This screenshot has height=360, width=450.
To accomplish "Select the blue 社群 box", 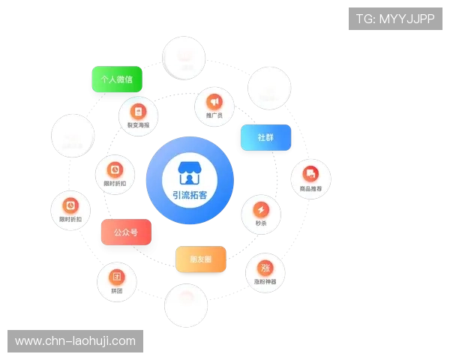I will tap(265, 139).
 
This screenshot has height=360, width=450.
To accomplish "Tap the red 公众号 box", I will tap(125, 233).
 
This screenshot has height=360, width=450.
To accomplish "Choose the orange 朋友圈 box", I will tap(199, 259).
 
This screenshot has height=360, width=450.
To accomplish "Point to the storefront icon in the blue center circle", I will tap(190, 172).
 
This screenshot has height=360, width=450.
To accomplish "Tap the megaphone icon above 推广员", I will tap(214, 101).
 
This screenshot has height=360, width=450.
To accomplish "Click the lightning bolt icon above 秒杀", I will tap(260, 208).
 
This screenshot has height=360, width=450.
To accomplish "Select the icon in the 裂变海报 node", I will tap(137, 110).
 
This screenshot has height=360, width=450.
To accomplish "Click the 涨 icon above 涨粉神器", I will tap(265, 268).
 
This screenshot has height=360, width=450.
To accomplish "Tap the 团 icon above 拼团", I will tap(116, 276).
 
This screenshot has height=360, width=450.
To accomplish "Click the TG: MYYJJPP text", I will tap(395, 19).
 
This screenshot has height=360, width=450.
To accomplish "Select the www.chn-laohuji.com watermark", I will tap(75, 341).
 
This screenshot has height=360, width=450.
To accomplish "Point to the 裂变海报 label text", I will tap(137, 125).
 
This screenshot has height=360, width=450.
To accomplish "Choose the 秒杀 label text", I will tap(260, 223).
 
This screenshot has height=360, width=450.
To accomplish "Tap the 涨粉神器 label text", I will tap(265, 282).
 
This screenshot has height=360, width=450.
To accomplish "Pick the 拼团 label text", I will tap(116, 290).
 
